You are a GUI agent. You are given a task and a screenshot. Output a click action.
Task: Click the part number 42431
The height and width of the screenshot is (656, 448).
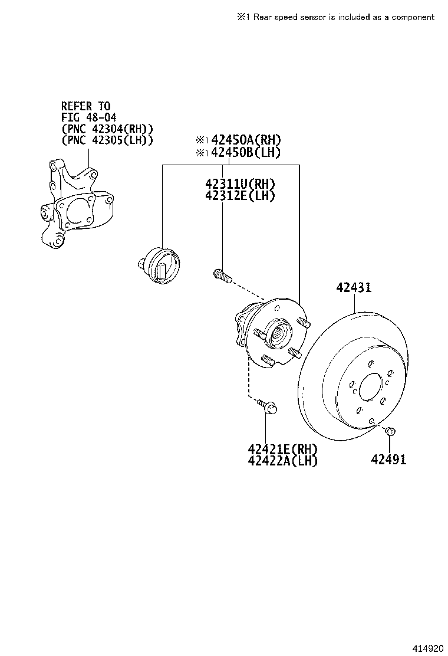click(354, 287)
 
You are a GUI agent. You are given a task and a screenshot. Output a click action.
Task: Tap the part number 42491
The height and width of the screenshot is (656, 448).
click(388, 460)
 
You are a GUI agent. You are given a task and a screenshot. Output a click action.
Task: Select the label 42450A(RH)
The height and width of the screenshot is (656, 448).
click(246, 140)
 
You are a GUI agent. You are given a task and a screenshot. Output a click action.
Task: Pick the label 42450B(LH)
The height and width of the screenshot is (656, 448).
click(246, 152)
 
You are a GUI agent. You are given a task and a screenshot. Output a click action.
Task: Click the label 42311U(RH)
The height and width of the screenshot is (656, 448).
click(240, 184)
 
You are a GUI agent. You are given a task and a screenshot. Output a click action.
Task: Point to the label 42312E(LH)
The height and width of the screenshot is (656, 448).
click(240, 196)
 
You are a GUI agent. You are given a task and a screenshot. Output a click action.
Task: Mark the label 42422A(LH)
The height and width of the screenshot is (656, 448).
click(282, 461)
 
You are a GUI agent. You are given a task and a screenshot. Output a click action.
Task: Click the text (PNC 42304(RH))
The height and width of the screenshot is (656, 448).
click(107, 129)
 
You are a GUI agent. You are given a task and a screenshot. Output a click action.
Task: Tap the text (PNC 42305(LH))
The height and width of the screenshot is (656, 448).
click(107, 140)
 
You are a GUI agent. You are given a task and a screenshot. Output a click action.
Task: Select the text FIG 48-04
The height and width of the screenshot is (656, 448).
click(89, 117)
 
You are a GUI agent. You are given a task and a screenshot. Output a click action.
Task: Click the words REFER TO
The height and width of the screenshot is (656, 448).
click(86, 106)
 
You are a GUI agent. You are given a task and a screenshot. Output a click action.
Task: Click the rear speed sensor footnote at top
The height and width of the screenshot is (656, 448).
click(335, 17)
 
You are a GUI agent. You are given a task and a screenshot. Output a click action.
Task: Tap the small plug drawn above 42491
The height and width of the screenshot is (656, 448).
click(389, 433)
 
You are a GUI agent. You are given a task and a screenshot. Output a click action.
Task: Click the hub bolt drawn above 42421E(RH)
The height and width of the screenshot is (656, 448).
click(268, 406)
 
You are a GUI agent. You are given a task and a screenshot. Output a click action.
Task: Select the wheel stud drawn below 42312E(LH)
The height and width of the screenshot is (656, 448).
click(221, 274)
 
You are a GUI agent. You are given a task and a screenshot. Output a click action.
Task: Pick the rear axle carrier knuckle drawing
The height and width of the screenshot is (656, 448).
click(74, 206)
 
